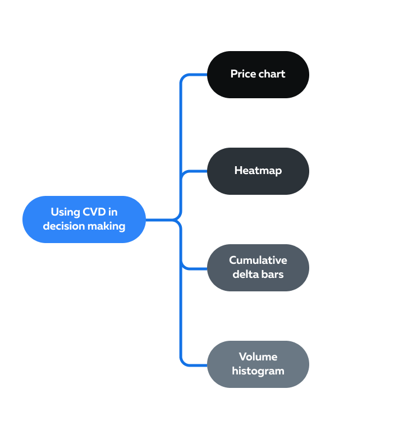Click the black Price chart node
258,74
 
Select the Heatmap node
258,171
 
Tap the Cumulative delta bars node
258,267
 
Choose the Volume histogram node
258,364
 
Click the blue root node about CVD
84,219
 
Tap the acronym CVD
94,212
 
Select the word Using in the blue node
65,212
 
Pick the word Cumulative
258,260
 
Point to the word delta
246,275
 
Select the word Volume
258,356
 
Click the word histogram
258,371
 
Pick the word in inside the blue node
113,212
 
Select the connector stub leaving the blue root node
160,219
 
